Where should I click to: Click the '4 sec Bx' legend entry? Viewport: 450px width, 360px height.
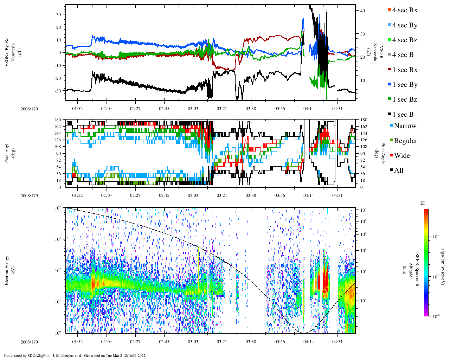(404, 10)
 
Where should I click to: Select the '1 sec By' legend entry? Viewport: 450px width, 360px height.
(404, 85)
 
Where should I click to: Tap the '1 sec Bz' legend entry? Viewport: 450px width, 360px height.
(404, 99)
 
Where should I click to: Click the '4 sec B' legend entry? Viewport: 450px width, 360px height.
(403, 55)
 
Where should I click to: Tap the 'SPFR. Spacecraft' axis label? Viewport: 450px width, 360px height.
(417, 270)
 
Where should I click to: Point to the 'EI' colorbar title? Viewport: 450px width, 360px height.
(423, 203)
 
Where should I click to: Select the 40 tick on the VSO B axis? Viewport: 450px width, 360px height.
(362, 11)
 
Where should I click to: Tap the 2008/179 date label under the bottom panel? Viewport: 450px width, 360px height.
(29, 342)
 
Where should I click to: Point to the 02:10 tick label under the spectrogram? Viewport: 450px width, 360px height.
(106, 342)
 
